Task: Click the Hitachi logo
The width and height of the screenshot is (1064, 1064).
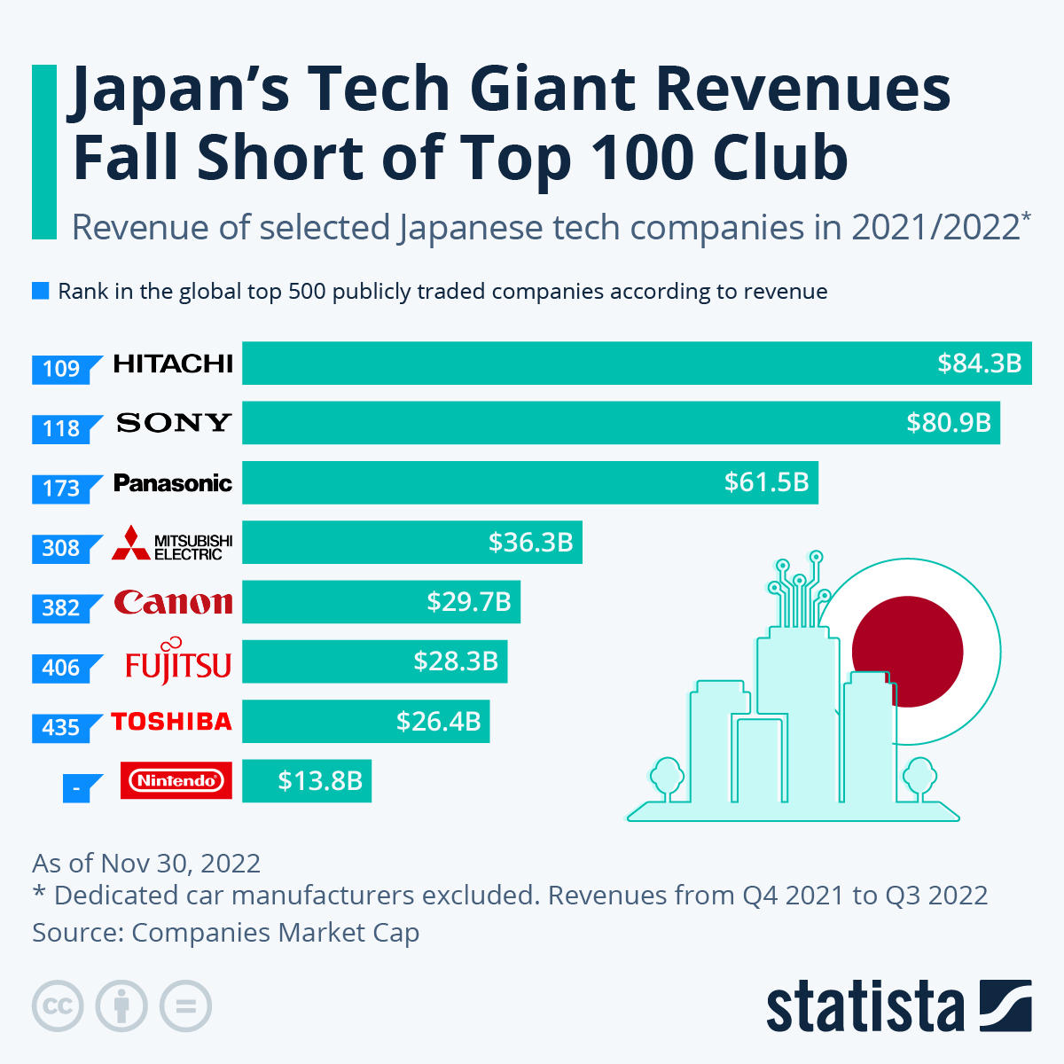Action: (173, 364)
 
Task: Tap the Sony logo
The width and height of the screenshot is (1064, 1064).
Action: (174, 423)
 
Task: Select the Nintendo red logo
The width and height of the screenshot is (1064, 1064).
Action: (176, 780)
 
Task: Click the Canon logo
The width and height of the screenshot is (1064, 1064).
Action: (174, 603)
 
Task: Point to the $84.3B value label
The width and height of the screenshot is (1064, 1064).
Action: (979, 364)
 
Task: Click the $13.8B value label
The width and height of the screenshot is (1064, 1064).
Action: (319, 780)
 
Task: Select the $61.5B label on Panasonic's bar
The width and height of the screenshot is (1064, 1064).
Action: (766, 482)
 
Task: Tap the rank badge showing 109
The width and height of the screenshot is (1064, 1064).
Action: (62, 369)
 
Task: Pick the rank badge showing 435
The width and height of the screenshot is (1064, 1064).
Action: (62, 728)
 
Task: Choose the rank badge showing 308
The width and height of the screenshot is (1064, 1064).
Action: (62, 548)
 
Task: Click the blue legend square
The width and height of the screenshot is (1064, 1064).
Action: (40, 291)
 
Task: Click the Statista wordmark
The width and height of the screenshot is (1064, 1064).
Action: (864, 1007)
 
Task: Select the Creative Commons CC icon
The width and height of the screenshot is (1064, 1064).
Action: (58, 1006)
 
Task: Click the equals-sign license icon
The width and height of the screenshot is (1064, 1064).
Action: (185, 1006)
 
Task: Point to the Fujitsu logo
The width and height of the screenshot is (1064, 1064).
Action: (177, 662)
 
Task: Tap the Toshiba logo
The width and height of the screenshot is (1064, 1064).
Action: (172, 722)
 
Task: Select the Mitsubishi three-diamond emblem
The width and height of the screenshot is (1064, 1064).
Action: (131, 543)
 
